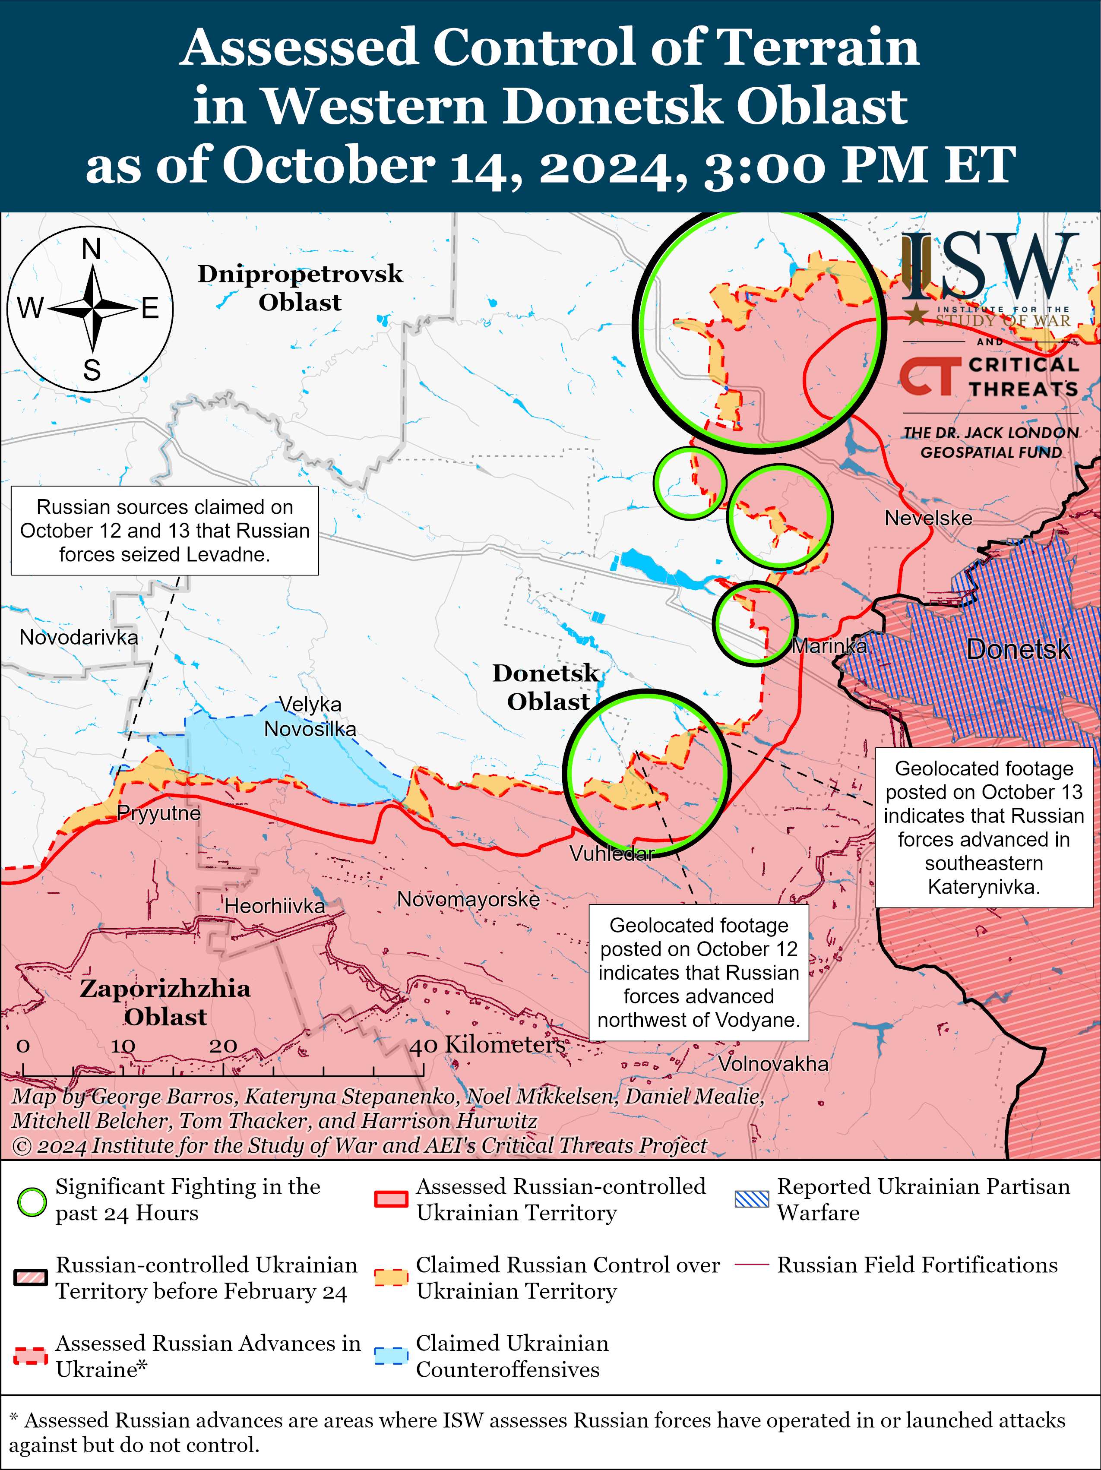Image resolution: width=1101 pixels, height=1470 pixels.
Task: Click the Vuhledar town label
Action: click(611, 854)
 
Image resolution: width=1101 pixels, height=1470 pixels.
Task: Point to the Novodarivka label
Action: click(79, 637)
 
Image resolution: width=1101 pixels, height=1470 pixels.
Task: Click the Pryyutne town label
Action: click(158, 813)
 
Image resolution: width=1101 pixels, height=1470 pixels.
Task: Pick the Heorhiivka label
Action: click(275, 905)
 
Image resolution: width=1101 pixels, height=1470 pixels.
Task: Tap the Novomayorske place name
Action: click(468, 899)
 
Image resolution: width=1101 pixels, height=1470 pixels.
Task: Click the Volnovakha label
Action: click(773, 1064)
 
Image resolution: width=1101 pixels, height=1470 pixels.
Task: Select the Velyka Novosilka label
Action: click(310, 716)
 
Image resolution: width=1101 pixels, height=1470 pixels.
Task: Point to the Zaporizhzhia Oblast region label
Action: click(165, 1002)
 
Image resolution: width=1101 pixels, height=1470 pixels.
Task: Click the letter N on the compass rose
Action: click(91, 249)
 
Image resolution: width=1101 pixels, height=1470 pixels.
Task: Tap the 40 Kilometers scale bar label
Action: click(487, 1045)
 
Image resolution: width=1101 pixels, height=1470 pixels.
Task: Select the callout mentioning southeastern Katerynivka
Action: click(984, 827)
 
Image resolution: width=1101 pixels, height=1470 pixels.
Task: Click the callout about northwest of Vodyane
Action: click(698, 972)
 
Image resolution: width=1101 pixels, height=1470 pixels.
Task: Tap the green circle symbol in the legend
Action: click(32, 1201)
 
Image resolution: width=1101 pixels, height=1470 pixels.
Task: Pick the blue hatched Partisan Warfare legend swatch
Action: click(752, 1199)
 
